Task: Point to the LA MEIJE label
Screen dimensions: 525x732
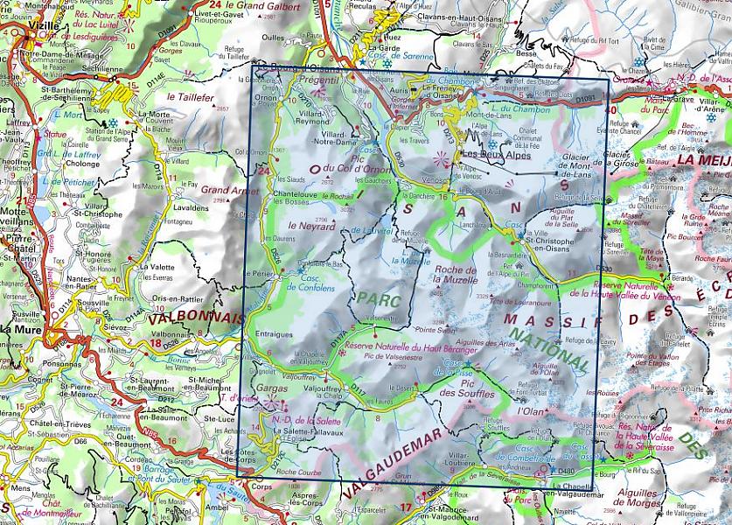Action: (x=700, y=160)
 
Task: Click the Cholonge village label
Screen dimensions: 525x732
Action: (x=83, y=163)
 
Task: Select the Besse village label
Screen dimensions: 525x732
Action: (x=526, y=52)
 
